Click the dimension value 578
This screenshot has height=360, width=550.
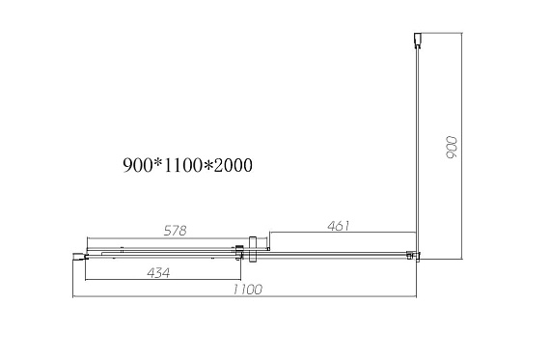click(175, 231)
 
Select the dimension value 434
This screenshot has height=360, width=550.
click(158, 272)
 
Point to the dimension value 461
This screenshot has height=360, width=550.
click(339, 226)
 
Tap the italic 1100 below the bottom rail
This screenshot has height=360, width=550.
click(248, 290)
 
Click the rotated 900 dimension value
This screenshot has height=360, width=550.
click(453, 148)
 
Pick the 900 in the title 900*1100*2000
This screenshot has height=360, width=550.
click(137, 165)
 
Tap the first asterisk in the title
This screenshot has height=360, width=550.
click(158, 163)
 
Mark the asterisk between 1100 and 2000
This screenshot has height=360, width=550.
click(208, 165)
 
